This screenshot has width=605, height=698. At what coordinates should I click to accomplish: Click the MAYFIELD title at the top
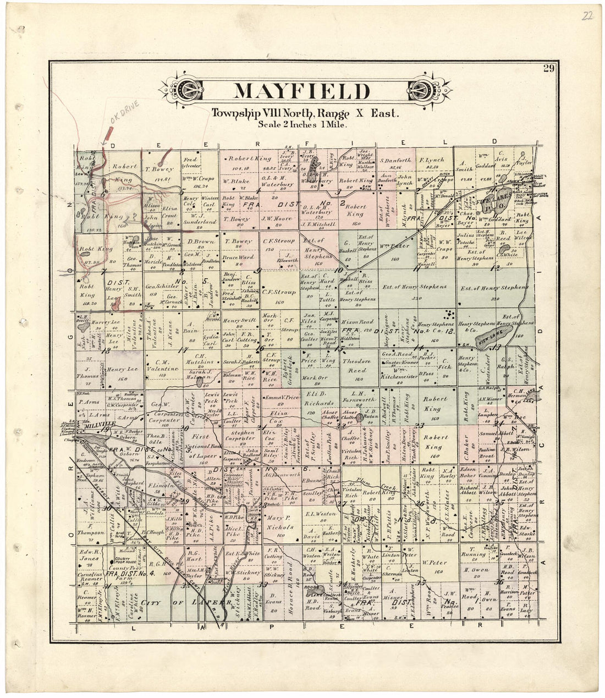click(302, 91)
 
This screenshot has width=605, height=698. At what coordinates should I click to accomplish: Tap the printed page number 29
click(548, 68)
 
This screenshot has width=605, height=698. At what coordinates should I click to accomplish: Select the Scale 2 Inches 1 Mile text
click(302, 124)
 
